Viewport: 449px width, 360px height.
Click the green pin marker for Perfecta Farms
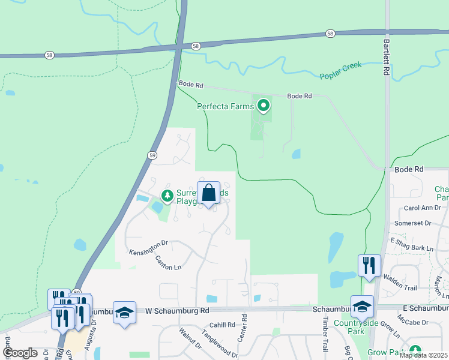point(263,106)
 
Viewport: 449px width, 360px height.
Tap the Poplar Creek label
point(340,70)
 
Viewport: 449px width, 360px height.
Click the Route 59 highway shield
point(152,155)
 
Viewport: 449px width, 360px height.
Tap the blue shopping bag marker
point(208,194)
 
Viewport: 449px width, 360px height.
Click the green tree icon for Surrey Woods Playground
point(167,195)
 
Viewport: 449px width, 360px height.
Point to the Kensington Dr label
point(148,246)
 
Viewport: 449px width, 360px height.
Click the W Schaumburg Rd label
point(177,311)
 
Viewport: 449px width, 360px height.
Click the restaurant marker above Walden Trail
point(369,265)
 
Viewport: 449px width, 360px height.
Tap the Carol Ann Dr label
point(423,208)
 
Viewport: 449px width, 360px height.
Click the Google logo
point(21,352)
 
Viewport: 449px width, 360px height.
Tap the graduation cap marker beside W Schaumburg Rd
point(124,313)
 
